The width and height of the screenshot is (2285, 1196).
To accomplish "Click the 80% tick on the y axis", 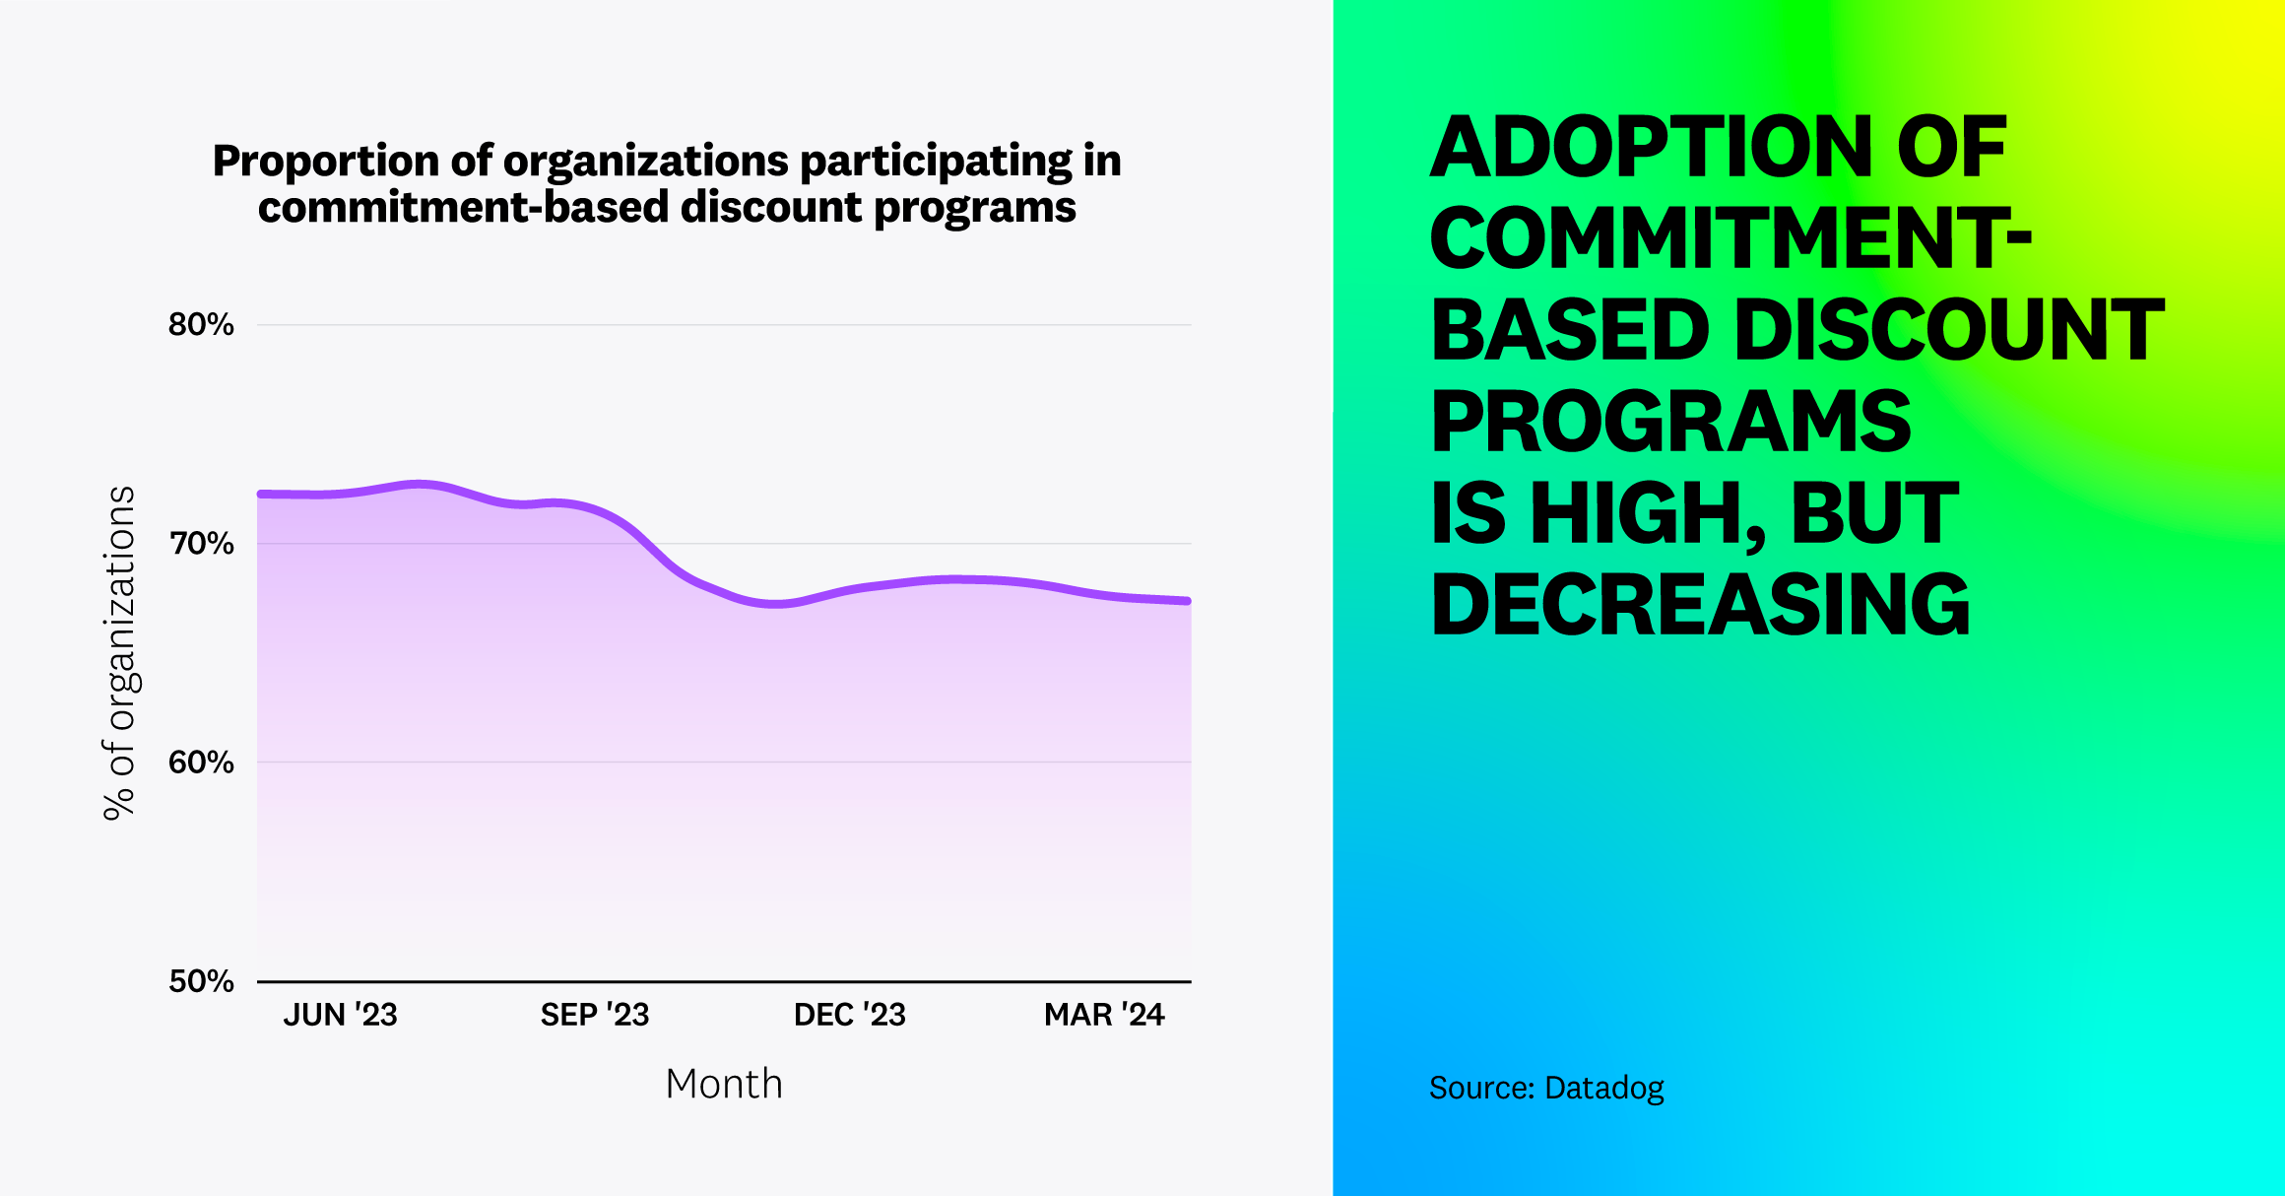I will pos(201,324).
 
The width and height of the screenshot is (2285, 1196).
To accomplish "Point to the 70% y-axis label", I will pos(201,543).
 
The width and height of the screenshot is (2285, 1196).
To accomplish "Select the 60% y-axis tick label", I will pos(201,762).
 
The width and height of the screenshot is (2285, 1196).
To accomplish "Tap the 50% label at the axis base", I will pos(201,980).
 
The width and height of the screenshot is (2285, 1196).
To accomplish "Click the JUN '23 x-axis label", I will pos(340,1015).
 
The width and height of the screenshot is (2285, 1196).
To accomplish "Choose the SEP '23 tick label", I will pos(595,1015).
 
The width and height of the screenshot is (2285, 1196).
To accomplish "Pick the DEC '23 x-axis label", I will pos(849,1015).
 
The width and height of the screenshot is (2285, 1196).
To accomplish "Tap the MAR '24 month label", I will pos(1104,1015).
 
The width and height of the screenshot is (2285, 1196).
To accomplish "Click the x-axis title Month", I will pos(724,1084).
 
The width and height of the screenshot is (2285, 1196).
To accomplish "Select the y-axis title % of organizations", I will pos(119,652).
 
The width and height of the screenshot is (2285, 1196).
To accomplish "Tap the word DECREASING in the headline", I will pos(1700,605).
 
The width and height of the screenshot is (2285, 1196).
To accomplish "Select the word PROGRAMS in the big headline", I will pos(1670,422).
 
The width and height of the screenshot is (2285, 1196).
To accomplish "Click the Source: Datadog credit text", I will pos(1546,1088).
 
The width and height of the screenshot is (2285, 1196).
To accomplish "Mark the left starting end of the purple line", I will pos(261,494).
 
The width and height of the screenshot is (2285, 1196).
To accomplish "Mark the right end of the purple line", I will pos(1188,600).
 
